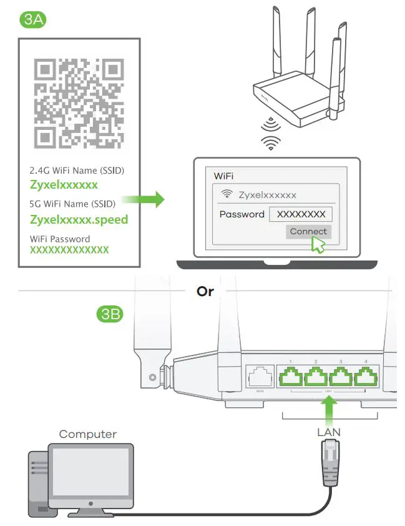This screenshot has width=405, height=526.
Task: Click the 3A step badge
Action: (33, 19)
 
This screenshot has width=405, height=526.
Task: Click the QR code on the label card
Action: (77, 102)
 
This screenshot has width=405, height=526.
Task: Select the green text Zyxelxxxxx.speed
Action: (79, 219)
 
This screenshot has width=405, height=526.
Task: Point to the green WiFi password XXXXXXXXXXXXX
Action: (69, 250)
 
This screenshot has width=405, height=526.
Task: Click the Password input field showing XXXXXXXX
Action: (301, 214)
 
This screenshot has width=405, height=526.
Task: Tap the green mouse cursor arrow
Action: (318, 244)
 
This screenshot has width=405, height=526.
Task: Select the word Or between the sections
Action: (205, 291)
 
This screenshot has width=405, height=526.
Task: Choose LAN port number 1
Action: (291, 377)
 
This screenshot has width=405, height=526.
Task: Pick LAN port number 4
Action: (365, 377)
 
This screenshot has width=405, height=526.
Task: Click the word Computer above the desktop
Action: (87, 434)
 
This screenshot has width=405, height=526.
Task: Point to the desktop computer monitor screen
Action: (91, 471)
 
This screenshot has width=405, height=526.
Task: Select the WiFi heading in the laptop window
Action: (223, 176)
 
